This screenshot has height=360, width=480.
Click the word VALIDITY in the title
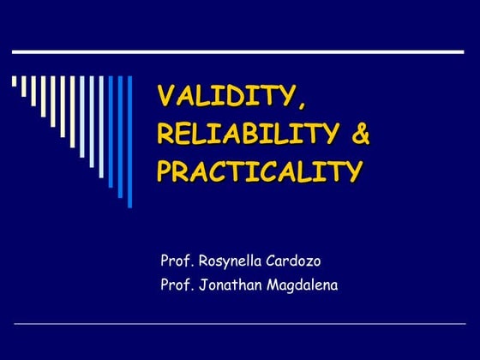pyautogui.click(x=225, y=96)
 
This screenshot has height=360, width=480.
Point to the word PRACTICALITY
pyautogui.click(x=258, y=171)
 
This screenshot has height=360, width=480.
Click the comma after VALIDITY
pyautogui.click(x=299, y=104)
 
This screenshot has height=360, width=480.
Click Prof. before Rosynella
pyautogui.click(x=176, y=260)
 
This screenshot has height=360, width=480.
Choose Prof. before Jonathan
pyautogui.click(x=176, y=285)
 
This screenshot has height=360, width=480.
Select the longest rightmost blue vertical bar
pyautogui.click(x=130, y=141)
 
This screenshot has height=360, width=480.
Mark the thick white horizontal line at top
pyautogui.click(x=240, y=51)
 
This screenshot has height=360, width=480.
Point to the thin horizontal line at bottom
pyautogui.click(x=240, y=325)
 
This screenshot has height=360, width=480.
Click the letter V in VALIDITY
pyautogui.click(x=165, y=96)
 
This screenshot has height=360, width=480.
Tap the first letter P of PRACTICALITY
pyautogui.click(x=165, y=171)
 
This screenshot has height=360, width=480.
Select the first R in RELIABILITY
pyautogui.click(x=165, y=134)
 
